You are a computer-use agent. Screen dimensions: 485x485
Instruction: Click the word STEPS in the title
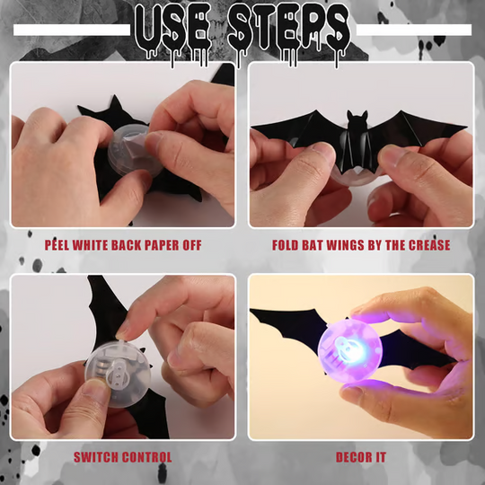(x=287, y=27)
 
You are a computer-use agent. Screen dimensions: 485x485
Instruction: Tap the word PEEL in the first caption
(x=60, y=245)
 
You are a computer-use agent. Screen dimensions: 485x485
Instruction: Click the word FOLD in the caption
(x=288, y=245)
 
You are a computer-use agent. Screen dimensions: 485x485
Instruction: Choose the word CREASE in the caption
(x=428, y=245)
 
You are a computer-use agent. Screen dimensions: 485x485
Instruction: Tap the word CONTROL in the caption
(x=147, y=457)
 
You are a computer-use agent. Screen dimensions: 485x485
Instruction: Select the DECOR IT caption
(x=361, y=457)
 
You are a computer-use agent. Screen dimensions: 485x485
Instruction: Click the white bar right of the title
(x=414, y=30)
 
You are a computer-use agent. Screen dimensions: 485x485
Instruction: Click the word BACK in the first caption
(x=140, y=245)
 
